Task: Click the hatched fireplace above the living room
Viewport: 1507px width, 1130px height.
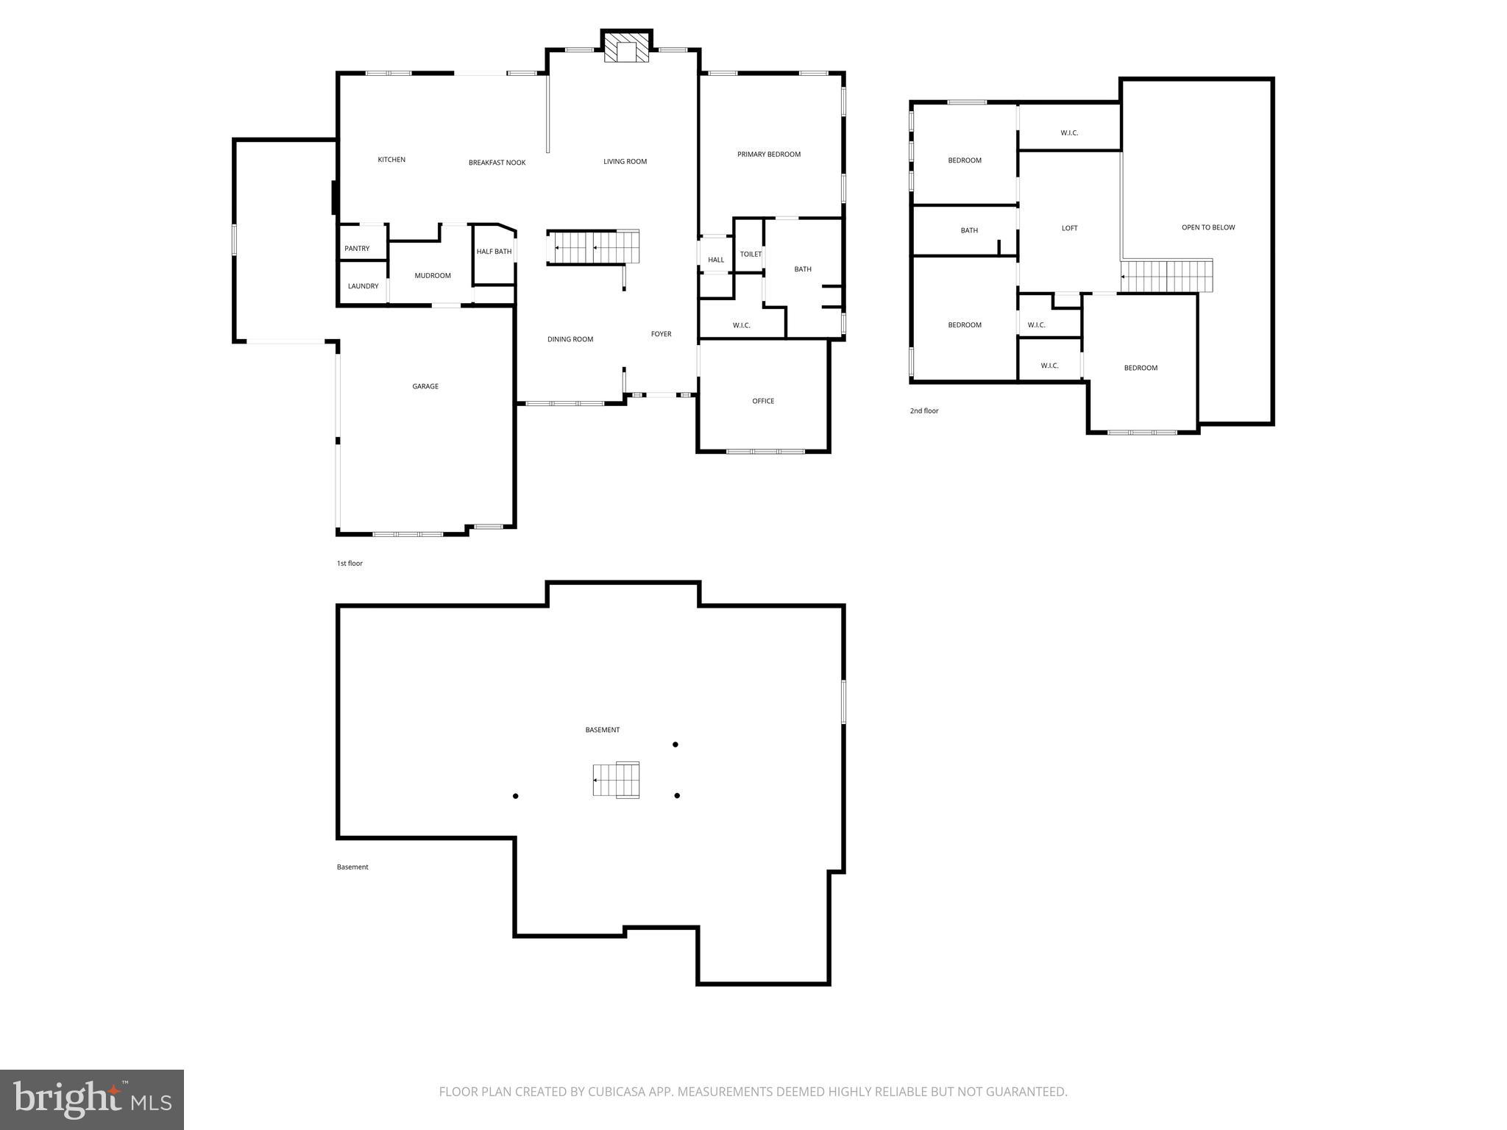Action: click(x=627, y=47)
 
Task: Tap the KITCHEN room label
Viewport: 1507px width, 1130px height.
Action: click(x=391, y=160)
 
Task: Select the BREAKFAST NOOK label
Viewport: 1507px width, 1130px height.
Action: click(x=497, y=163)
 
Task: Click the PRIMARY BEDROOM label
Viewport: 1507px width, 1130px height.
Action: click(x=768, y=154)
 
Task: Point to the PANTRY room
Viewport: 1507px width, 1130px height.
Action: click(x=357, y=249)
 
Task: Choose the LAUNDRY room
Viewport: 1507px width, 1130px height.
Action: click(x=363, y=286)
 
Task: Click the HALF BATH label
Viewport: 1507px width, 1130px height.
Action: click(x=494, y=252)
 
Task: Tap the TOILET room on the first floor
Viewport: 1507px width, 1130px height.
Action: click(x=751, y=255)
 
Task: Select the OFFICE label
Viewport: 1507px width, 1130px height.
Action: click(x=763, y=401)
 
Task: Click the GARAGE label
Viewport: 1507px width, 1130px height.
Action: click(x=425, y=386)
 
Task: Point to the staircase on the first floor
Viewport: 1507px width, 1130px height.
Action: click(x=592, y=247)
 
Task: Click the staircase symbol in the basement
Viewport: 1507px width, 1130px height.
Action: click(x=616, y=780)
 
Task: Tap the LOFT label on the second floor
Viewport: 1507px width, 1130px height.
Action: click(x=1069, y=228)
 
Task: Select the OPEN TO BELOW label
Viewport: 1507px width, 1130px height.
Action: click(x=1208, y=227)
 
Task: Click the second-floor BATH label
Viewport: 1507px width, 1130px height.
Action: click(x=969, y=230)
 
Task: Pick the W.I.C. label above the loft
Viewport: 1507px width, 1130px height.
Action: click(x=1069, y=133)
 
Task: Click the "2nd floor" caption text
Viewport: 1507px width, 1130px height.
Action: click(x=924, y=411)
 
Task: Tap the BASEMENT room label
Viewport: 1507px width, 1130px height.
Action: click(x=602, y=730)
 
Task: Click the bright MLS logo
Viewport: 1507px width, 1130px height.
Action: click(x=92, y=1099)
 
